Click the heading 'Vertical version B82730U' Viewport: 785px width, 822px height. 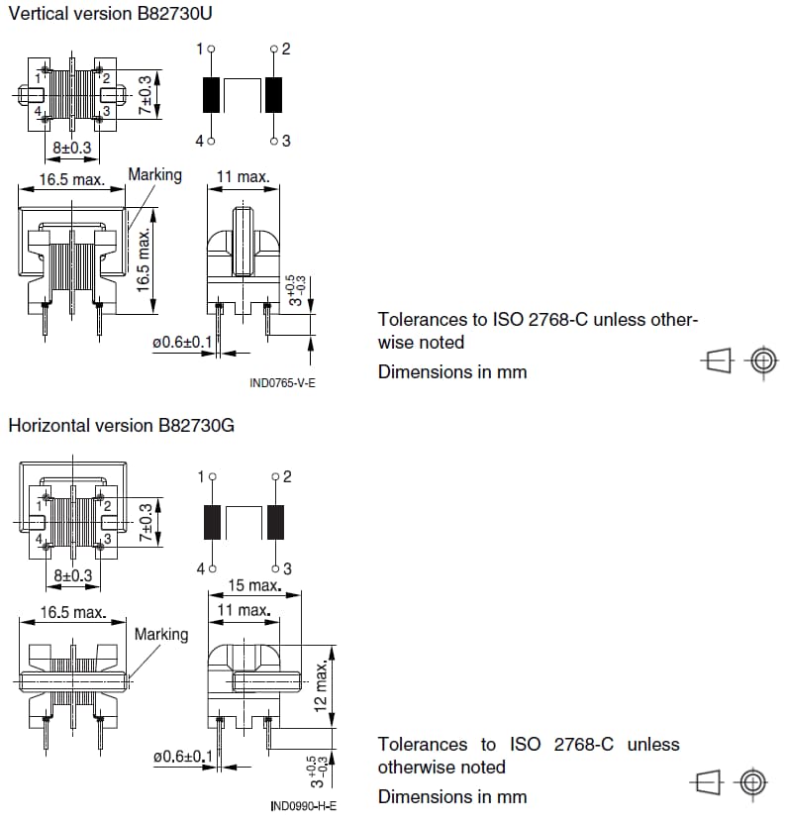coord(110,14)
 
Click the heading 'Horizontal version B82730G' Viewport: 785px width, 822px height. coord(121,426)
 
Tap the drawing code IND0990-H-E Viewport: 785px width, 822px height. coord(303,806)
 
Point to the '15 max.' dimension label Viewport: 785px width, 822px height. coord(254,585)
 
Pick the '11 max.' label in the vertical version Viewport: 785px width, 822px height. coord(243,177)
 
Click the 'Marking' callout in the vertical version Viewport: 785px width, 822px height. coord(154,175)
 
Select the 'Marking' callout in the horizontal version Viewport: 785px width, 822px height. coord(160,634)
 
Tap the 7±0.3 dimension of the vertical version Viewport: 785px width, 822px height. coord(146,96)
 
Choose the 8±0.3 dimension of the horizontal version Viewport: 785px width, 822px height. coord(72,575)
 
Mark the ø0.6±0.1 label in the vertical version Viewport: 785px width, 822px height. coord(182,343)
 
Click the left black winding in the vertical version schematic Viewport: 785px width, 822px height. coord(211,95)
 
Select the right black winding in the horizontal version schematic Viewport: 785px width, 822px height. coord(275,522)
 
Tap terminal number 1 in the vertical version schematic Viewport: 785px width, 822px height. coord(199,49)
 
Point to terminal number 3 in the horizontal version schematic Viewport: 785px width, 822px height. coord(287,568)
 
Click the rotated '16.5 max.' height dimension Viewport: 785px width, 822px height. coord(145,259)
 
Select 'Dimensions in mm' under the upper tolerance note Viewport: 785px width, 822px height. coord(452,372)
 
